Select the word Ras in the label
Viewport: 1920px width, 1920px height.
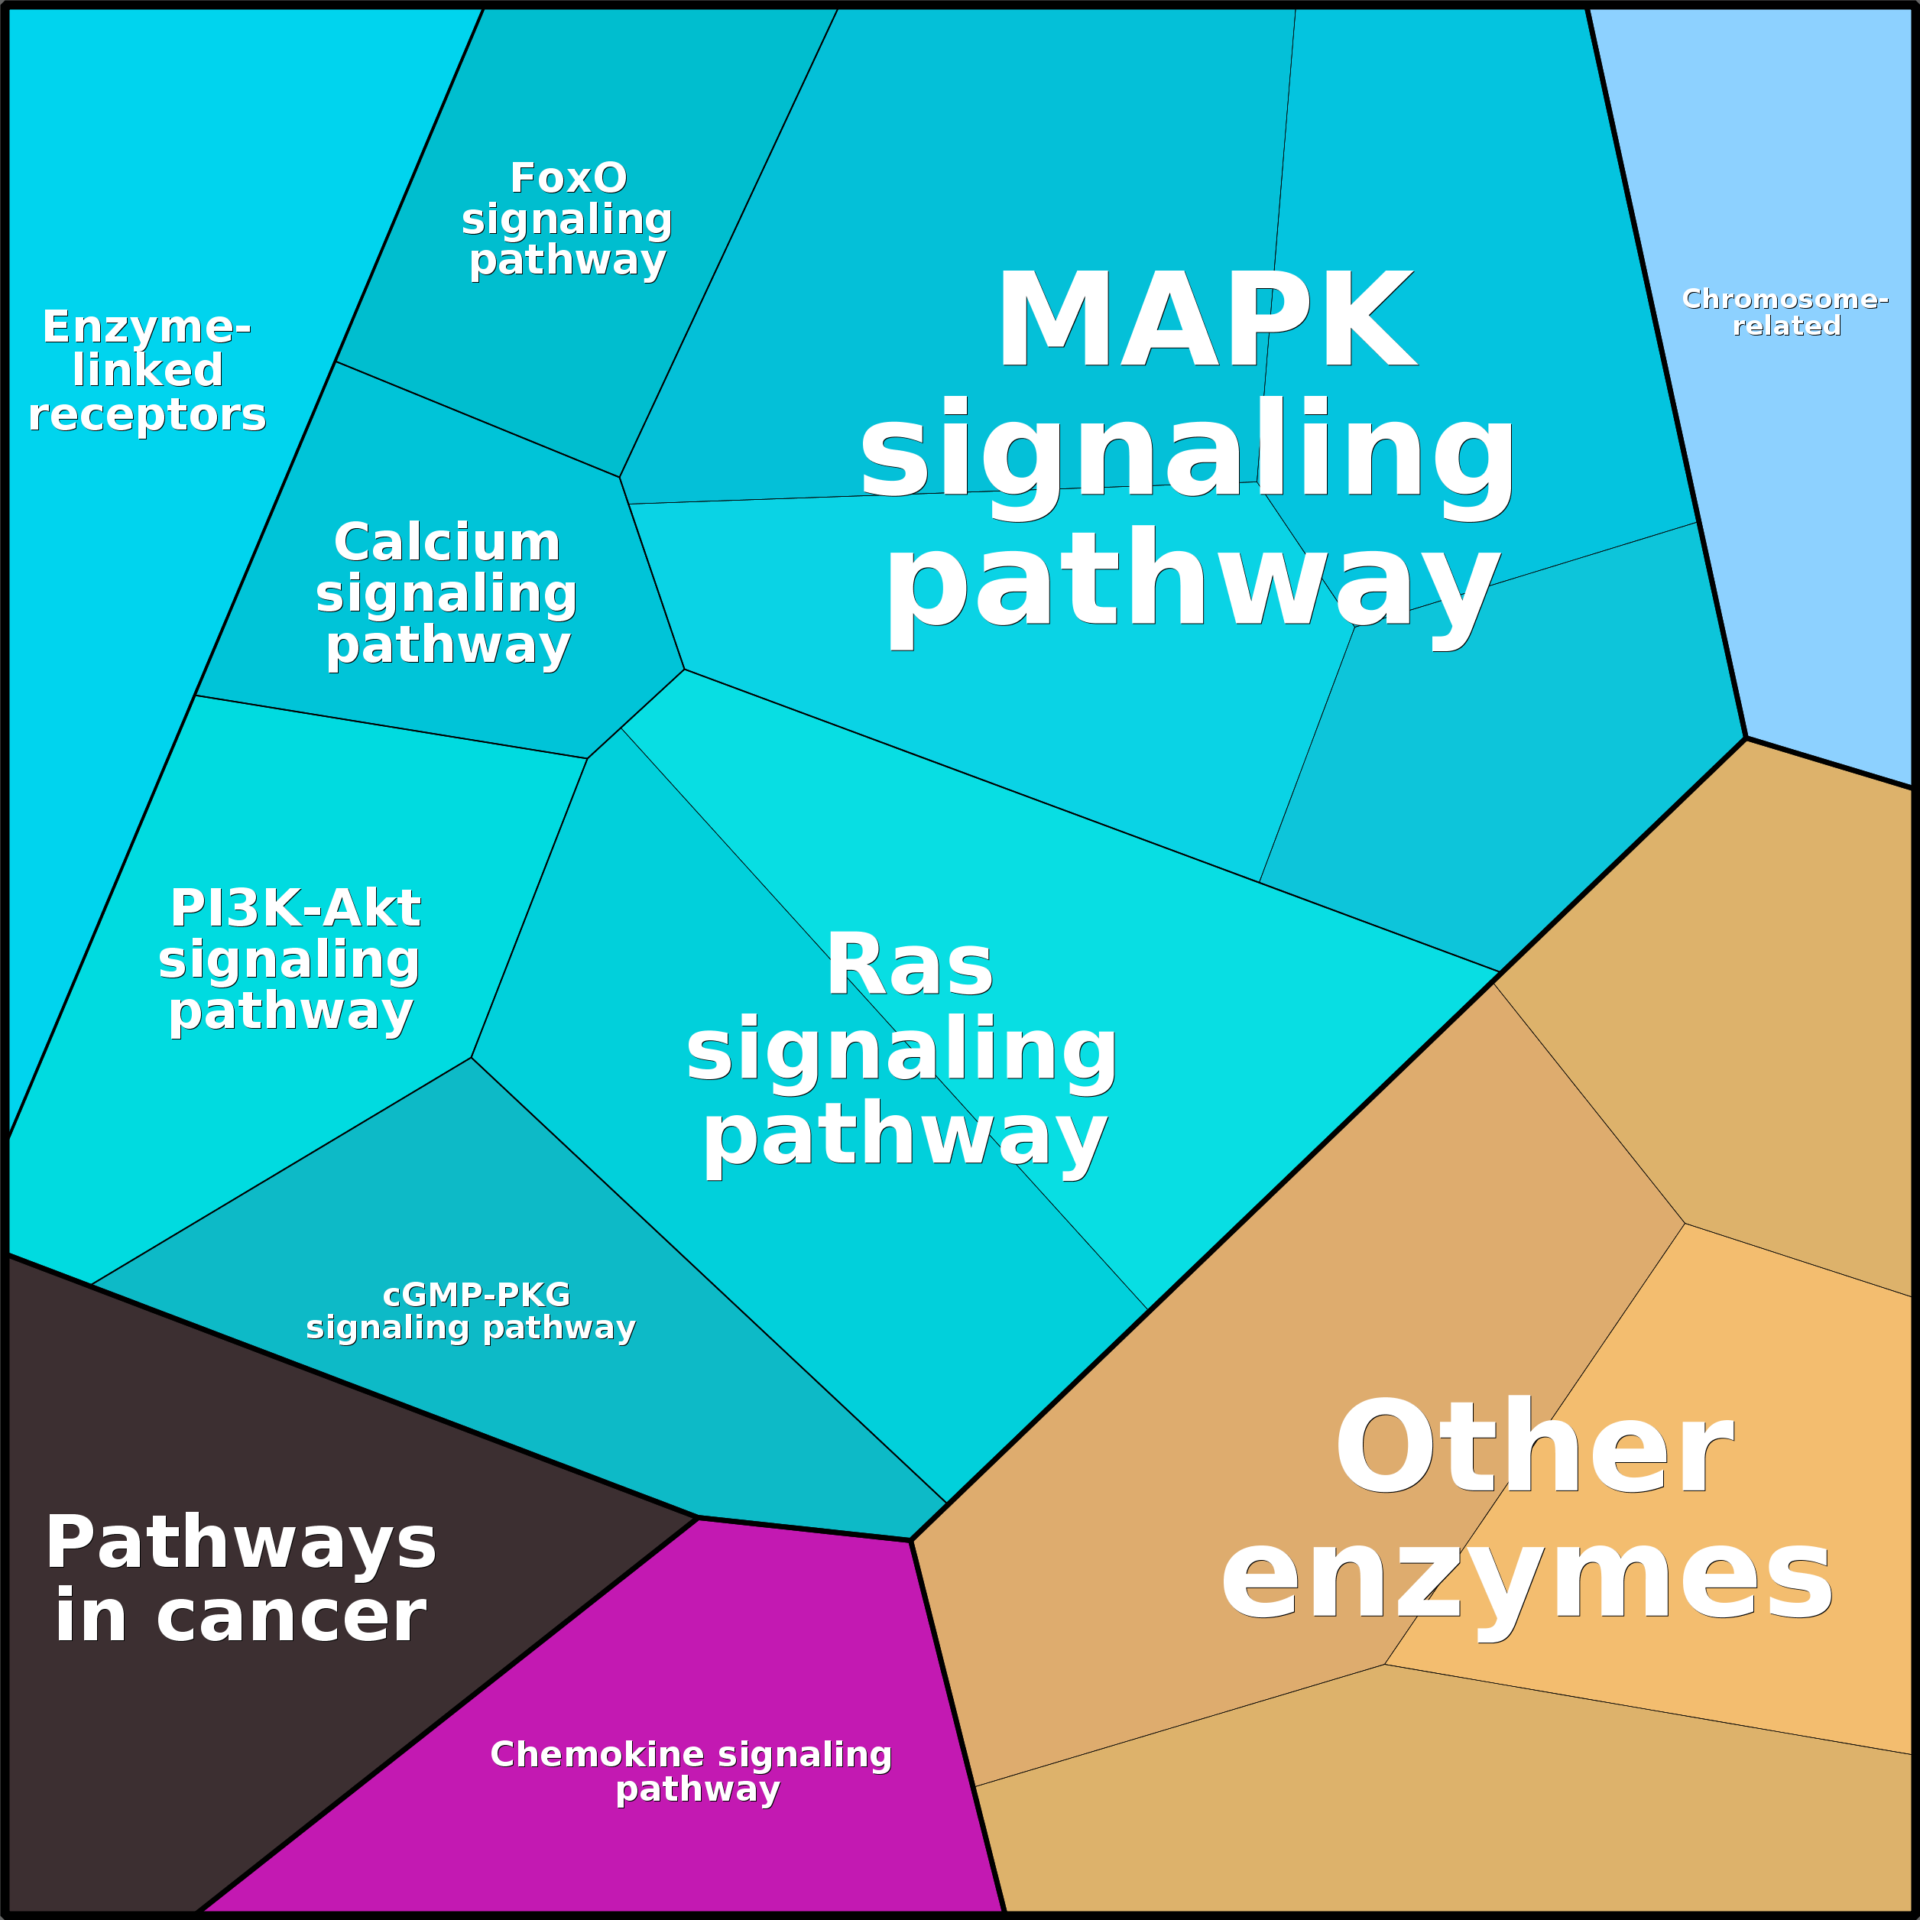pyautogui.click(x=910, y=966)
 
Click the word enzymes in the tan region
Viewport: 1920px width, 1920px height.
pyautogui.click(x=1526, y=1580)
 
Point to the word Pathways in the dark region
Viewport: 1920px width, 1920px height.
pyautogui.click(x=241, y=1543)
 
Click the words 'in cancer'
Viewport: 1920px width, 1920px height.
pyautogui.click(x=241, y=1617)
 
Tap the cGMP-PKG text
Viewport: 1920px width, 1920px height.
pyautogui.click(x=476, y=1295)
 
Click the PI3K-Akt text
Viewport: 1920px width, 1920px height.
pyautogui.click(x=295, y=908)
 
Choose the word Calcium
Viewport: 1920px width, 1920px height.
pyautogui.click(x=447, y=543)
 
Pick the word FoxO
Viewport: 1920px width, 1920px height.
pyautogui.click(x=569, y=179)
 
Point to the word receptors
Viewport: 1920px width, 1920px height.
pyautogui.click(x=147, y=414)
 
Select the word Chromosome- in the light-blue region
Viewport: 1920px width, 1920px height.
pyautogui.click(x=1785, y=299)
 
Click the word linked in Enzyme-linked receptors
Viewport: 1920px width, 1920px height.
pyautogui.click(x=147, y=371)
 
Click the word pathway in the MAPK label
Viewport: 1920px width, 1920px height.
pyautogui.click(x=1192, y=582)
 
